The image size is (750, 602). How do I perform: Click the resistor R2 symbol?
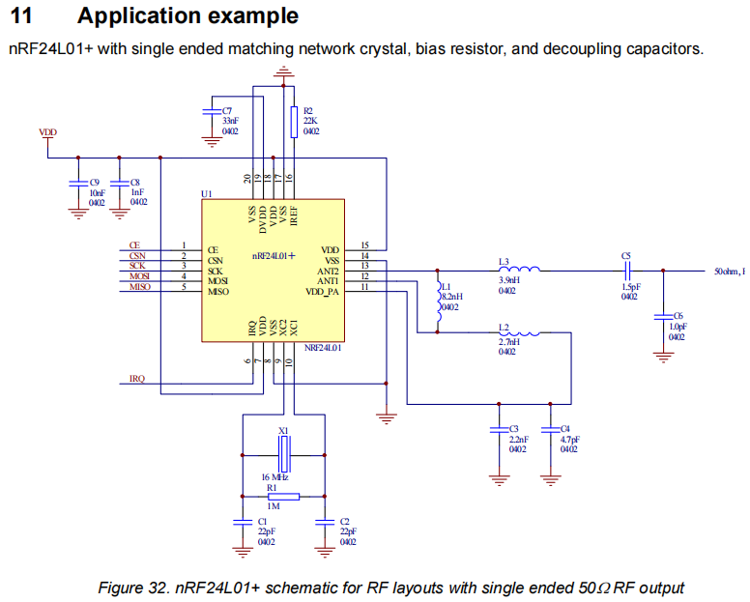click(x=293, y=121)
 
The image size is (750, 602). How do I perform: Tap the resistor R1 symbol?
click(x=283, y=497)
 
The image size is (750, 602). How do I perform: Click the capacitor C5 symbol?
click(x=628, y=271)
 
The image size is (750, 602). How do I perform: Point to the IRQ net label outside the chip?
click(x=137, y=379)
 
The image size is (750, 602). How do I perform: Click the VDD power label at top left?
click(x=47, y=131)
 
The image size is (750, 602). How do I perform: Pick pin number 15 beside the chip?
click(x=364, y=245)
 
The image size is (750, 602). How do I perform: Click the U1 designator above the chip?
click(x=206, y=194)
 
